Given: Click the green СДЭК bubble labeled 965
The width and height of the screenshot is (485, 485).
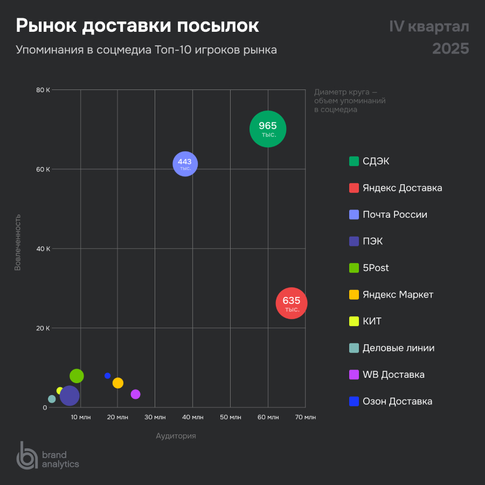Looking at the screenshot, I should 268,129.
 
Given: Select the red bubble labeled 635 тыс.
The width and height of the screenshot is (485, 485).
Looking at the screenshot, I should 292,304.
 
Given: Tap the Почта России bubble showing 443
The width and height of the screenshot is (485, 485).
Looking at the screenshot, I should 185,164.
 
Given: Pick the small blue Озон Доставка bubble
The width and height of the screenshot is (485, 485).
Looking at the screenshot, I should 107,376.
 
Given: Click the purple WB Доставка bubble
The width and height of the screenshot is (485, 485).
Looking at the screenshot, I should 135,394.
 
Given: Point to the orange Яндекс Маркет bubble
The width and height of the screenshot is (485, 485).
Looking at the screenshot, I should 118,383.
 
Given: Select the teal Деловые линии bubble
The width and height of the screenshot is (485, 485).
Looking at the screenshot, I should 52,399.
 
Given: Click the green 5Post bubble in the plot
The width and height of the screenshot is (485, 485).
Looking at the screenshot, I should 77,376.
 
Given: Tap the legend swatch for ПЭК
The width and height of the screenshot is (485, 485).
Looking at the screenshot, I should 354,241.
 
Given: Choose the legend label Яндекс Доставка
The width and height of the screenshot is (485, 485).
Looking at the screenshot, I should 402,188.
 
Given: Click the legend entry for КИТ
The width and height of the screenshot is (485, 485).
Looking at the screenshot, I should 372,321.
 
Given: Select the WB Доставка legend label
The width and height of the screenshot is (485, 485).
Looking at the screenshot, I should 393,375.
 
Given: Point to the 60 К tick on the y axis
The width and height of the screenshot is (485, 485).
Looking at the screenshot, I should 43,169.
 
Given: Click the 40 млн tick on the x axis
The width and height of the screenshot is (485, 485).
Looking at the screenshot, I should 193,417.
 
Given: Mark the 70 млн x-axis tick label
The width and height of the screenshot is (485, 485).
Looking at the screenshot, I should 306,417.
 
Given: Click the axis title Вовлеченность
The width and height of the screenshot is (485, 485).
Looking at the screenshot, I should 18,242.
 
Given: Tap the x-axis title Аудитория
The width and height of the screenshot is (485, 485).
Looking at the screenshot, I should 176,436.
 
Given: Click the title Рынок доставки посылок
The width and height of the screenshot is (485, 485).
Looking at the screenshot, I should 137,26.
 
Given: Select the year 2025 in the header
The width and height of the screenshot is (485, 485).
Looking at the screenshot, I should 451,48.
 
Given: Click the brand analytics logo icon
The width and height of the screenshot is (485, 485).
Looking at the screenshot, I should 26,455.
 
